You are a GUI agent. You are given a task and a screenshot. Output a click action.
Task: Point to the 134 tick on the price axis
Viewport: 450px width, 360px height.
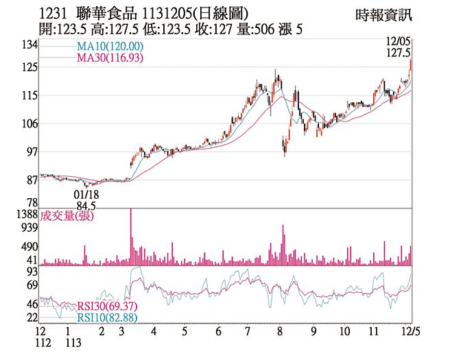tap(28, 45)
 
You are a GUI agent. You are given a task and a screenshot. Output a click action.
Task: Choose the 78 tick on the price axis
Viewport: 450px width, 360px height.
tap(30, 203)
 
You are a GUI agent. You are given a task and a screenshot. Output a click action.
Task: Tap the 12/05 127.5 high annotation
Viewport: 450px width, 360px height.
tap(399, 47)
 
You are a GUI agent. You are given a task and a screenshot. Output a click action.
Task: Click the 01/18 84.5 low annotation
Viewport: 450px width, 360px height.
tap(86, 200)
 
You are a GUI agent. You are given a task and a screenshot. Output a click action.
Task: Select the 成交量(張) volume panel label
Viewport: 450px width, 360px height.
tap(67, 216)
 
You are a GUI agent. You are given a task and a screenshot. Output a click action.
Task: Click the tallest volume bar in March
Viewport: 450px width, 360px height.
tap(130, 237)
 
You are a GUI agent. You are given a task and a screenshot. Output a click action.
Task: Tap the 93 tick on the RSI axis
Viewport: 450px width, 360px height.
tap(30, 272)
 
